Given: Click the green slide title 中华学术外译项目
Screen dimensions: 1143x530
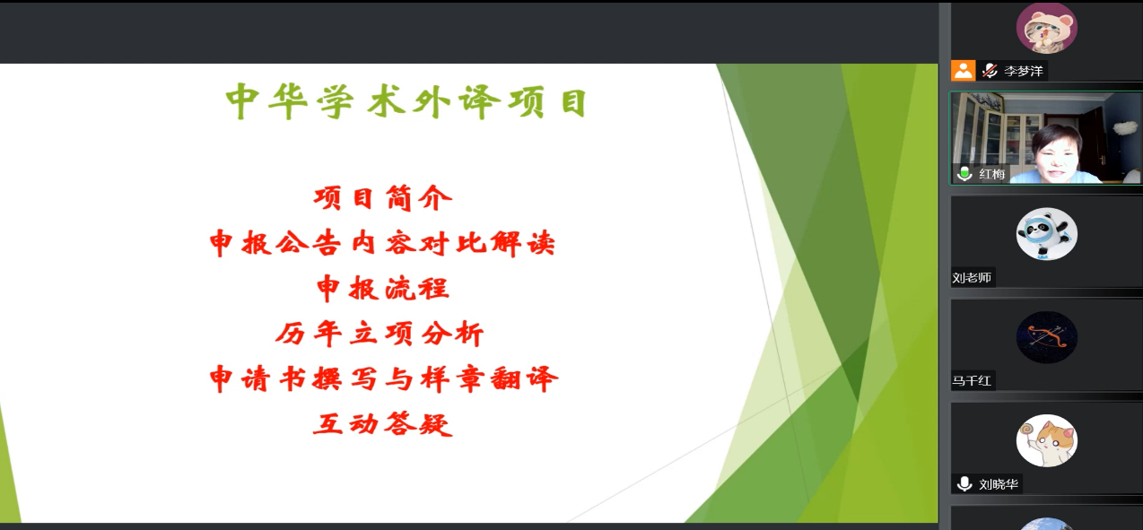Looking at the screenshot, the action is pyautogui.click(x=406, y=102).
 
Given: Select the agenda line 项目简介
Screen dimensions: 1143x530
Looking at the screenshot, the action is pyautogui.click(x=383, y=198).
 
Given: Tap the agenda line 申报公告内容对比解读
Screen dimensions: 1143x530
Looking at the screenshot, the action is pyautogui.click(x=382, y=243).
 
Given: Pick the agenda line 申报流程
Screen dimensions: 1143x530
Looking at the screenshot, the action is pyautogui.click(x=383, y=288).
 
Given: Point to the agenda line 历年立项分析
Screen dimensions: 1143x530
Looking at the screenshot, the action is pyautogui.click(x=380, y=334).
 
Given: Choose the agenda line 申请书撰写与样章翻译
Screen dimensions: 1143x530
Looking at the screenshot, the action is pyautogui.click(x=384, y=378).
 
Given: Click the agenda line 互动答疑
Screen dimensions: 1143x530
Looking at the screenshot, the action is pyautogui.click(x=383, y=424).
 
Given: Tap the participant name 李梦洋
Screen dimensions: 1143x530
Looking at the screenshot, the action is pyautogui.click(x=1023, y=71).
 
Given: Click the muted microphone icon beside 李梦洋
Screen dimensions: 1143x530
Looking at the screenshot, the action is pyautogui.click(x=990, y=71).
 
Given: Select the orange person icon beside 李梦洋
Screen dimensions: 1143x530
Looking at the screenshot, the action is pyautogui.click(x=963, y=70).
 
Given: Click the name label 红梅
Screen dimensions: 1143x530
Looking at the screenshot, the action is pyautogui.click(x=992, y=174).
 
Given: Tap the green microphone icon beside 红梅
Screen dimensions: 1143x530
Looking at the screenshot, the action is pyautogui.click(x=964, y=173).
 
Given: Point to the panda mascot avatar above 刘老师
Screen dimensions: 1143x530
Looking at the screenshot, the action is pyautogui.click(x=1047, y=234).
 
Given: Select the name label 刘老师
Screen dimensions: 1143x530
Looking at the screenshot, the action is pyautogui.click(x=972, y=277).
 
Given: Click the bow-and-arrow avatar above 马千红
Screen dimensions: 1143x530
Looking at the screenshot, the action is pyautogui.click(x=1047, y=337).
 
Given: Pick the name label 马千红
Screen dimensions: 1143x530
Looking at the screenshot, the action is pyautogui.click(x=972, y=380).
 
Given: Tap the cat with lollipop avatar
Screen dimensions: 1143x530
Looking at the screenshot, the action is pyautogui.click(x=1047, y=440).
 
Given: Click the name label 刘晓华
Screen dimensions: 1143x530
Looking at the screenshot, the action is pyautogui.click(x=999, y=483).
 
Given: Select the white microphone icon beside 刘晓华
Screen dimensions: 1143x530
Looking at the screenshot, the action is pyautogui.click(x=964, y=483).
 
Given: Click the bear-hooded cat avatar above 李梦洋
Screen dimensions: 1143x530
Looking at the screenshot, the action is pyautogui.click(x=1047, y=28).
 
